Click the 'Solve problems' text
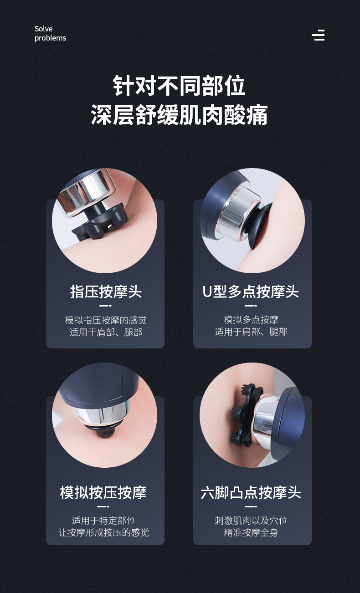click(x=50, y=33)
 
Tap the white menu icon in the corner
click(x=318, y=35)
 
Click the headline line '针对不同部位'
click(x=180, y=86)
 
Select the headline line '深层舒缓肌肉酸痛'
click(x=180, y=115)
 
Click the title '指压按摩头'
click(x=106, y=291)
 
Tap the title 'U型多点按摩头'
click(x=251, y=291)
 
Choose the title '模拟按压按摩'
click(x=103, y=492)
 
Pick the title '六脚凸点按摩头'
click(x=251, y=492)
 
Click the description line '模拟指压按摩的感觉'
click(x=106, y=320)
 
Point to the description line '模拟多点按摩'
click(x=251, y=320)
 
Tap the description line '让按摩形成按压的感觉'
click(x=103, y=532)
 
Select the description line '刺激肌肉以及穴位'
click(x=251, y=521)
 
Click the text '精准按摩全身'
click(x=251, y=532)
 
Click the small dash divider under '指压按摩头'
click(x=105, y=306)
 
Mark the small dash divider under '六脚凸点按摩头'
click(x=251, y=507)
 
